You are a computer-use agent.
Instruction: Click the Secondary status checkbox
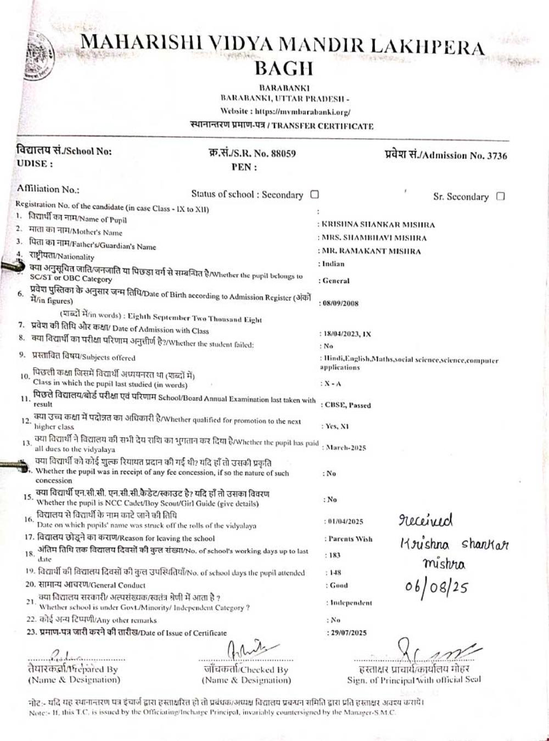pyautogui.click(x=315, y=194)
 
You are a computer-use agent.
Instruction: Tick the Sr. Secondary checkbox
pyautogui.click(x=500, y=196)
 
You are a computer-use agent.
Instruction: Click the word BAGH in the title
pyautogui.click(x=284, y=68)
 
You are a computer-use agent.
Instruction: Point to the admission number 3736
pyautogui.click(x=497, y=155)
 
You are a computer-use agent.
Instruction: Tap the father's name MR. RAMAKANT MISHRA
pyautogui.click(x=371, y=251)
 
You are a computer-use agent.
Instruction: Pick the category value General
pyautogui.click(x=336, y=280)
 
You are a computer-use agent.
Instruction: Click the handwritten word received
pyautogui.click(x=425, y=519)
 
